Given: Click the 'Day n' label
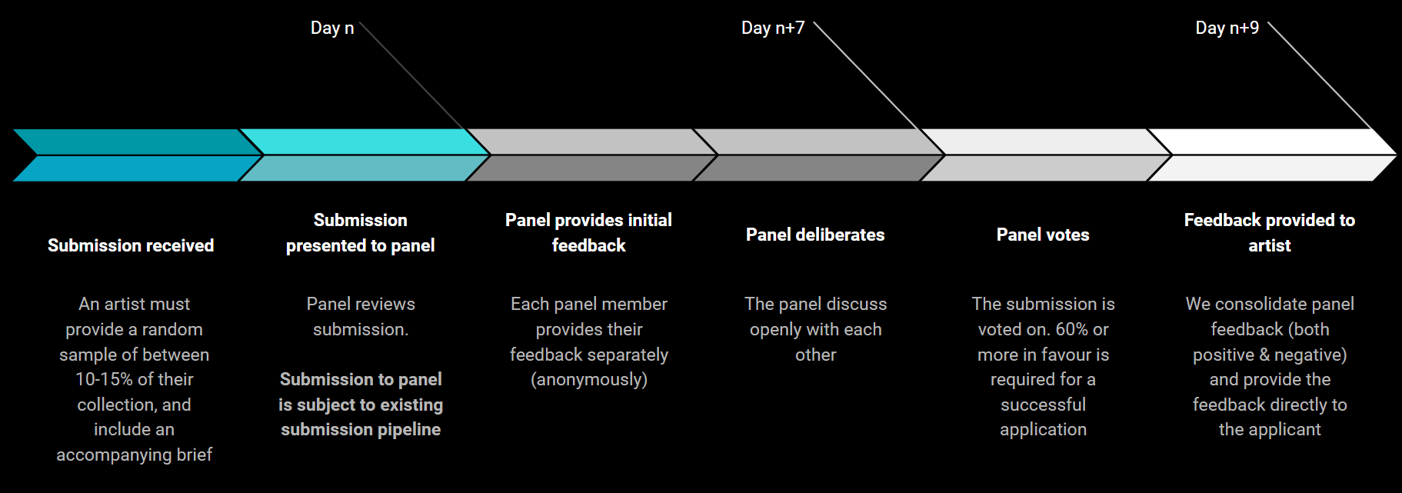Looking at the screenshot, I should (332, 28).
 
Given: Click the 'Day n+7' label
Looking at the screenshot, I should (772, 28).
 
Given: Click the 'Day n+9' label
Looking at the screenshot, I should (1227, 28).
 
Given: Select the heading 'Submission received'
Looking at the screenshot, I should (131, 245).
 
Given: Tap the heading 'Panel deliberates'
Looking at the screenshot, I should (815, 235).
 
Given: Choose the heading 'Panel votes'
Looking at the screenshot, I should (1043, 235).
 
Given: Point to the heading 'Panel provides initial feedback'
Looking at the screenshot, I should (588, 232).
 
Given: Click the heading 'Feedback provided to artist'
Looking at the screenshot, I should (1270, 232).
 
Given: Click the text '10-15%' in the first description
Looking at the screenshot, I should (104, 379).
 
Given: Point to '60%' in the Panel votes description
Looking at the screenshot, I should (1071, 329).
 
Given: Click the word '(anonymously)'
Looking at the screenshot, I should (589, 379).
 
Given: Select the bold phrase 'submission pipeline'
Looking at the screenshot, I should (361, 429).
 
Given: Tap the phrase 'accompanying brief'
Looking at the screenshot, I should (134, 455).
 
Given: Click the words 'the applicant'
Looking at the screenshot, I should (1270, 429).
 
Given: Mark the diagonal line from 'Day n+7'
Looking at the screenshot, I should (869, 77).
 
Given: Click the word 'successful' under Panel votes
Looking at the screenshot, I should (1043, 405).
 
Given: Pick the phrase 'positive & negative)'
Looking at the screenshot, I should (1270, 355).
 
